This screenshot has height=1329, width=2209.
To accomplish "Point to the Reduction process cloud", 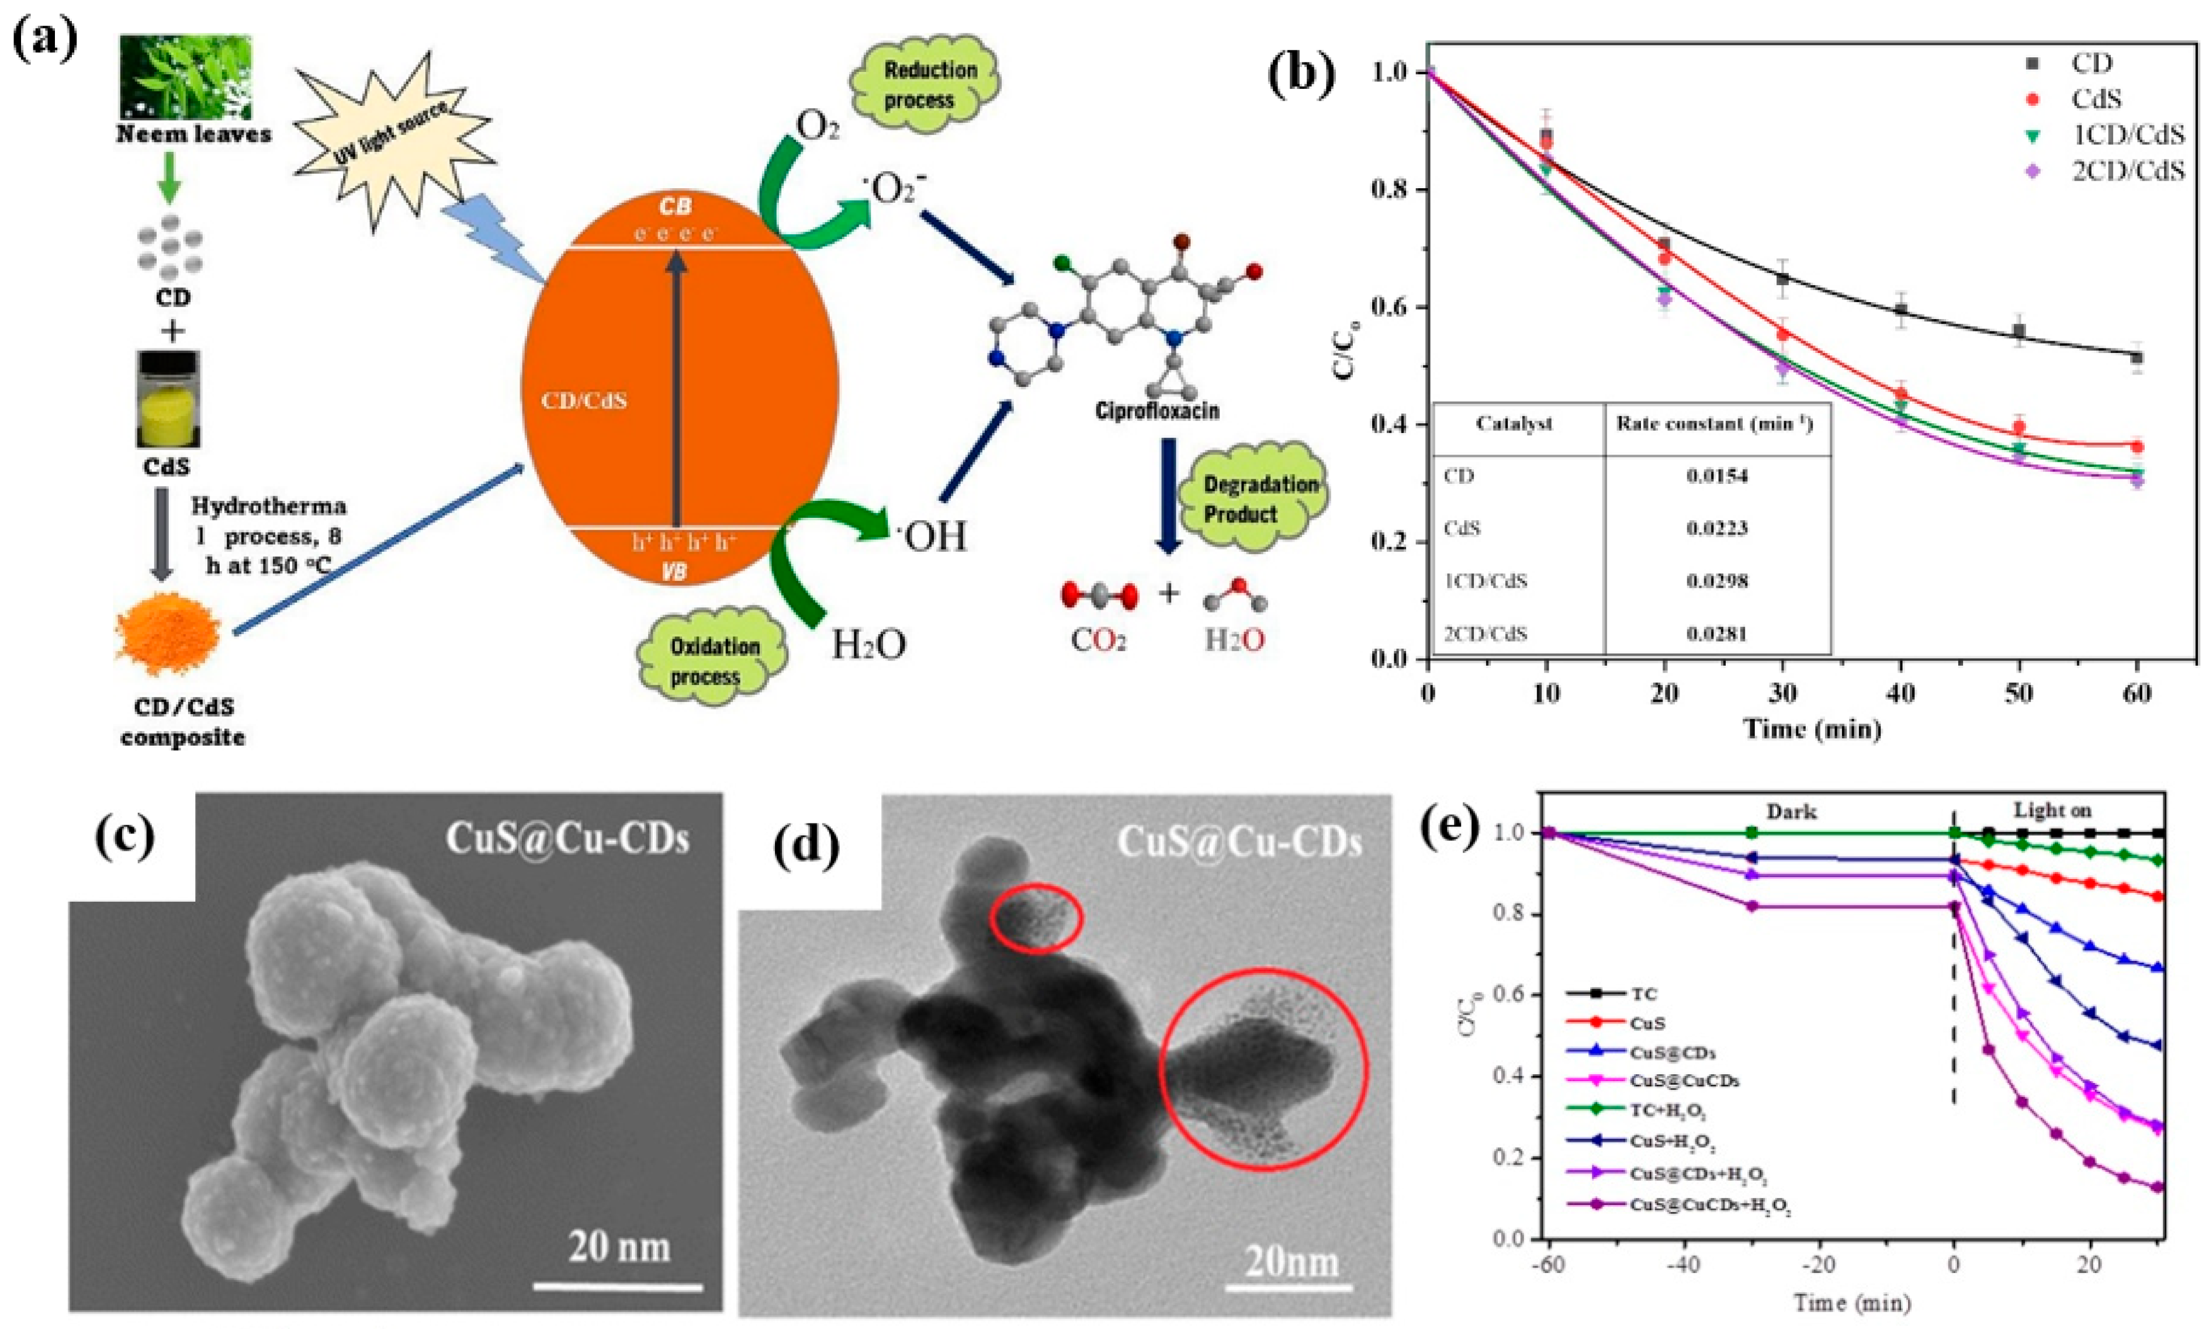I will (930, 85).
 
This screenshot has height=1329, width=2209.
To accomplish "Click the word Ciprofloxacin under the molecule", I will (1157, 411).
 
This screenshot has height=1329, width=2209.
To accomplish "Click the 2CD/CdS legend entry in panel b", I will (2127, 171).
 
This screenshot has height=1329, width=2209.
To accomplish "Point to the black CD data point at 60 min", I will (2137, 357).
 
